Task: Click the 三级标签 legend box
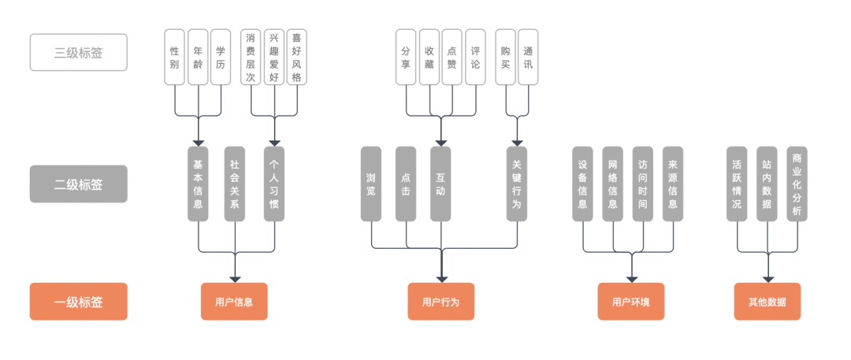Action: [79, 52]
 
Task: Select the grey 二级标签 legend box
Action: [79, 184]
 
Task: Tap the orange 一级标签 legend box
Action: [79, 302]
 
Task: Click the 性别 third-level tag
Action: [175, 57]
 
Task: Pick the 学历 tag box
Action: [221, 57]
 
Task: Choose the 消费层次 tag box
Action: [251, 57]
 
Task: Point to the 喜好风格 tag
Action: [296, 57]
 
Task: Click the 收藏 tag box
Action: [429, 57]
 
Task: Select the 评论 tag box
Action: [475, 57]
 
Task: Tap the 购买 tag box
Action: [506, 57]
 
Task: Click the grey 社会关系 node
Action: [235, 184]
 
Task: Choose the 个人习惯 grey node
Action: [274, 184]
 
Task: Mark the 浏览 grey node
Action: [371, 184]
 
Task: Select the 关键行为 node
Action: [517, 184]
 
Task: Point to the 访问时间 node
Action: [643, 184]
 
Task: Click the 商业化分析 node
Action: [797, 184]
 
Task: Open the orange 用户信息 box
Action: [235, 302]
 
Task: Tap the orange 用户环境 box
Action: [631, 302]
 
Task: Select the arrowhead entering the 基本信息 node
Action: [198, 143]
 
